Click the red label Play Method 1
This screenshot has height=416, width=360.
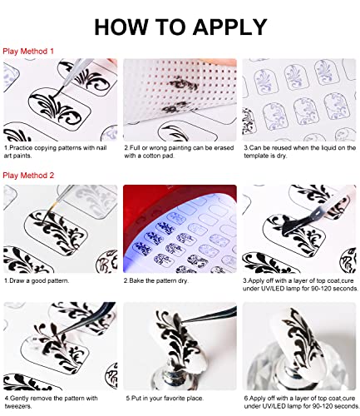(28, 52)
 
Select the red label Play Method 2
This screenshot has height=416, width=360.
(28, 176)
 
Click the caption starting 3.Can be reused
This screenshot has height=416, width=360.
(297, 153)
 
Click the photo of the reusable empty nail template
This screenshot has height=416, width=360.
(300, 99)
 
